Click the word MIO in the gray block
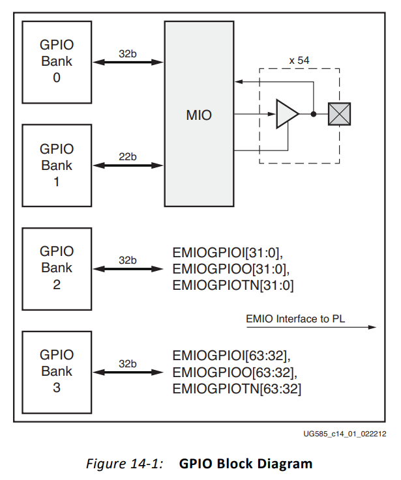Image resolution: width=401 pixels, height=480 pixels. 199,115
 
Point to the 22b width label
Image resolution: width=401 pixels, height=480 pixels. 128,157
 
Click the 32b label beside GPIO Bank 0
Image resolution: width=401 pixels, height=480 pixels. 128,54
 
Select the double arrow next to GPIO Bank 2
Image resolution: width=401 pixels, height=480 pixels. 128,269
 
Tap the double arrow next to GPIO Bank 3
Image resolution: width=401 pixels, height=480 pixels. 128,373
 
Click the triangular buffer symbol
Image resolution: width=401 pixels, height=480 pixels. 286,114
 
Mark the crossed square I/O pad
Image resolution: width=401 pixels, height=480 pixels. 339,114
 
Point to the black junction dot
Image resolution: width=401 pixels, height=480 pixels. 314,114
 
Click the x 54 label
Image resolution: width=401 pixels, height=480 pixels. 299,61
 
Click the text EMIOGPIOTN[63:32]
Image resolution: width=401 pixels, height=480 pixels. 237,389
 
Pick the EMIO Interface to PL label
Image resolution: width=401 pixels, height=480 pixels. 295,318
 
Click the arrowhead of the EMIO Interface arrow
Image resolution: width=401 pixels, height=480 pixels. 372,327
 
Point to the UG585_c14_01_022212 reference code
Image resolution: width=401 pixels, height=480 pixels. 344,434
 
